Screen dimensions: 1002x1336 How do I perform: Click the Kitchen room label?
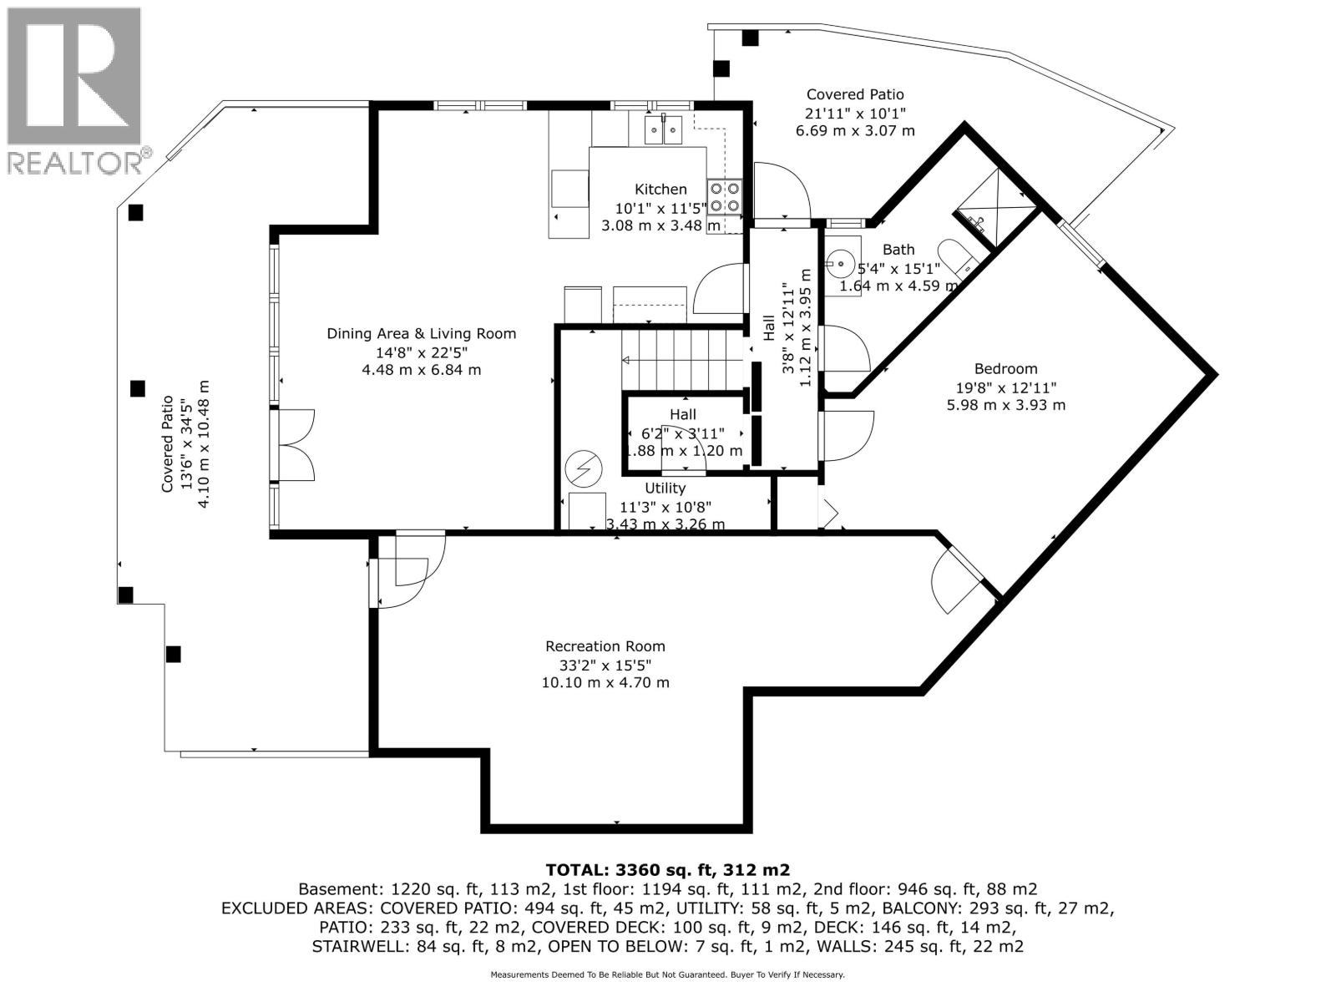tap(660, 190)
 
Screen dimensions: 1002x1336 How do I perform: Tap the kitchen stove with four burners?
tap(724, 196)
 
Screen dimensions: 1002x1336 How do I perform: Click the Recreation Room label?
tap(605, 646)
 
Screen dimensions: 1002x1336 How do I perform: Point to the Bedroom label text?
tap(1006, 368)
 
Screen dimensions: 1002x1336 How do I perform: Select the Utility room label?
tap(665, 488)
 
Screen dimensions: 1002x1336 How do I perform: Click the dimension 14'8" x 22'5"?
tap(422, 352)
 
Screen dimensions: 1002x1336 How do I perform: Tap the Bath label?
tap(898, 249)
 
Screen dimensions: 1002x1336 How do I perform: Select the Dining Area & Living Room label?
tap(422, 334)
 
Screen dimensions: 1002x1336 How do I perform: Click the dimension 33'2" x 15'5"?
tap(605, 665)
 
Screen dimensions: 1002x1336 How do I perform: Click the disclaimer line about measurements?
tap(668, 974)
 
